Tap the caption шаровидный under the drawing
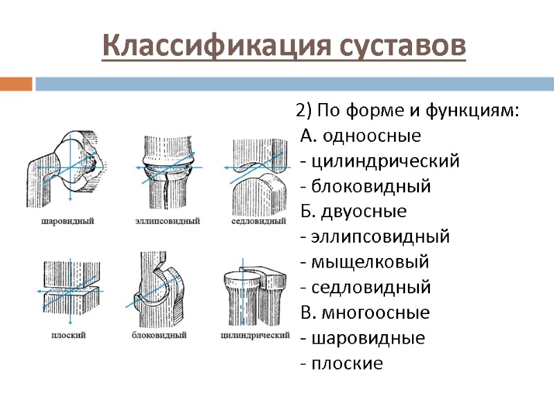point(67,221)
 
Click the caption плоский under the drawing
point(68,335)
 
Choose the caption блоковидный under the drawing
point(159,335)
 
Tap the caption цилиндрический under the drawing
point(254,335)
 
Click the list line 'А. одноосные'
point(361,136)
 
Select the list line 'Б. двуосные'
point(354,211)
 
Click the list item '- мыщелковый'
point(364,262)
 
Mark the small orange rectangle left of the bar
point(16,84)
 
